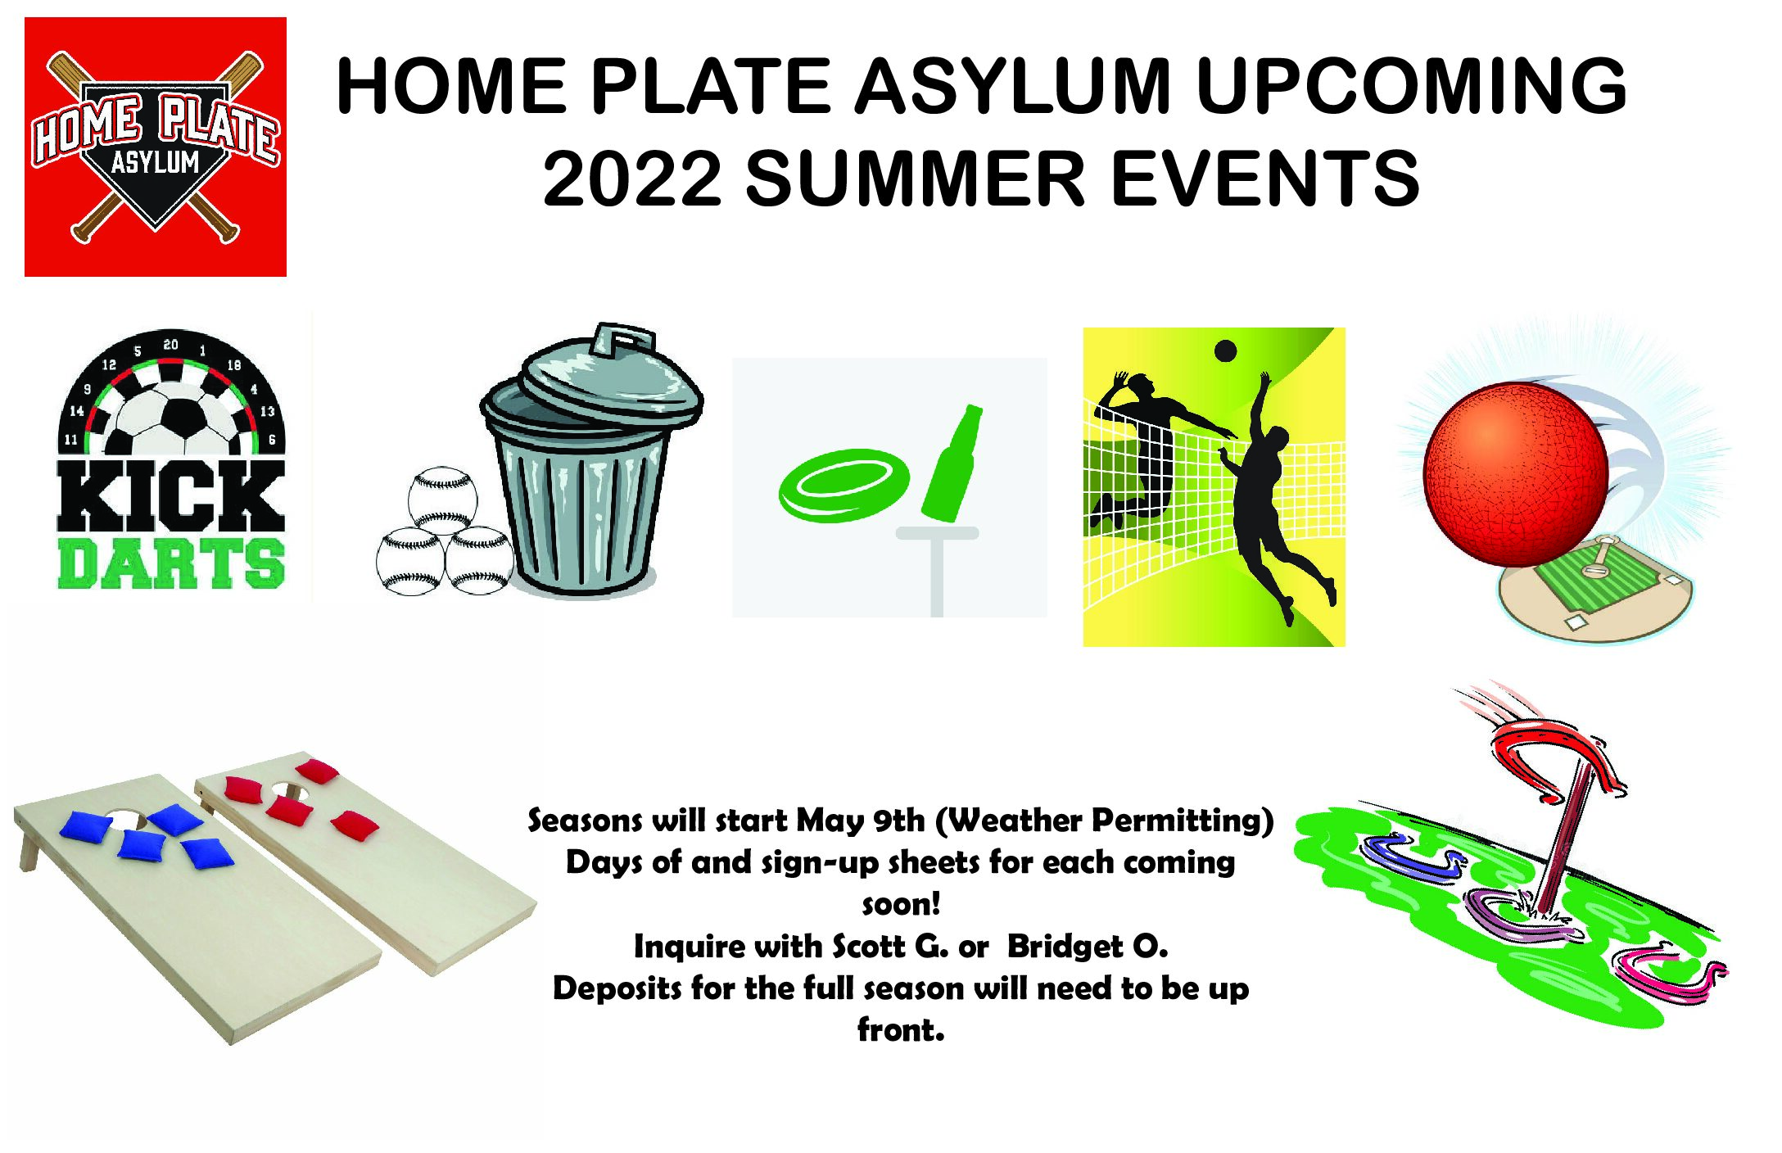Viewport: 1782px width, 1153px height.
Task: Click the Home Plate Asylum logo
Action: pyautogui.click(x=156, y=147)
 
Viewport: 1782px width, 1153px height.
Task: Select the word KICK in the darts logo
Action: pyautogui.click(x=170, y=496)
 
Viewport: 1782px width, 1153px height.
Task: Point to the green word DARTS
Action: pyautogui.click(x=171, y=563)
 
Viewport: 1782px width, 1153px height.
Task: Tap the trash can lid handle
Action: pyautogui.click(x=624, y=337)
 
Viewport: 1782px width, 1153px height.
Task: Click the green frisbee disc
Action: pyautogui.click(x=844, y=485)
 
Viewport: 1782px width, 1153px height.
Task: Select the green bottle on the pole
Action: pyautogui.click(x=952, y=463)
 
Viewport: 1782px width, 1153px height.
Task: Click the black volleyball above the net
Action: pyautogui.click(x=1225, y=351)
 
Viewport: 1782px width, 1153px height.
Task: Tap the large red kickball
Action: pyautogui.click(x=1515, y=475)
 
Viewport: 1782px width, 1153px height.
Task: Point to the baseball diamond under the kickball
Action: pyautogui.click(x=1595, y=588)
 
